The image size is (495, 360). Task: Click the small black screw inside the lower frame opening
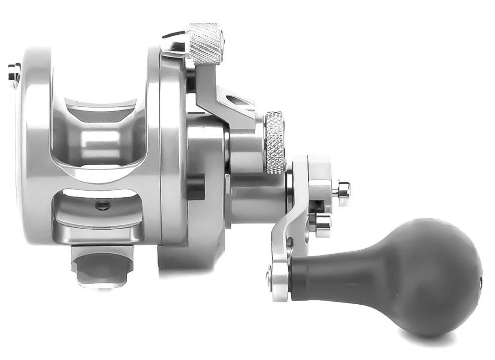coord(102,205)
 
